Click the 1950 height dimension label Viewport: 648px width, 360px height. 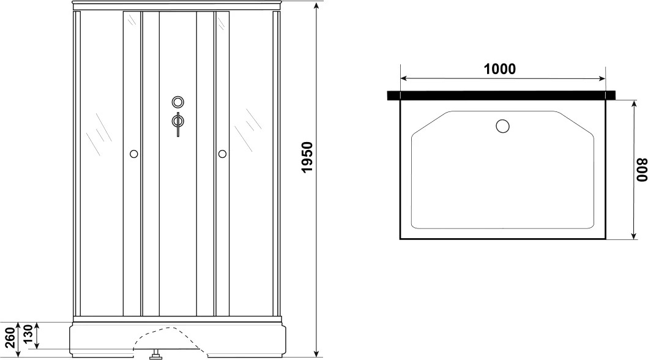click(x=307, y=157)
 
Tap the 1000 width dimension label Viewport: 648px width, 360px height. click(x=500, y=69)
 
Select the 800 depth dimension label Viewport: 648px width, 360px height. click(x=641, y=170)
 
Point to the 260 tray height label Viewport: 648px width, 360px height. click(x=10, y=337)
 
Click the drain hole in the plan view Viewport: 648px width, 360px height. click(x=502, y=126)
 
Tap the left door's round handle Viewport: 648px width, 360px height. click(x=133, y=154)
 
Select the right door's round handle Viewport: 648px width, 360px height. click(x=222, y=154)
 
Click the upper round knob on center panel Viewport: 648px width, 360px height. click(x=177, y=102)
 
